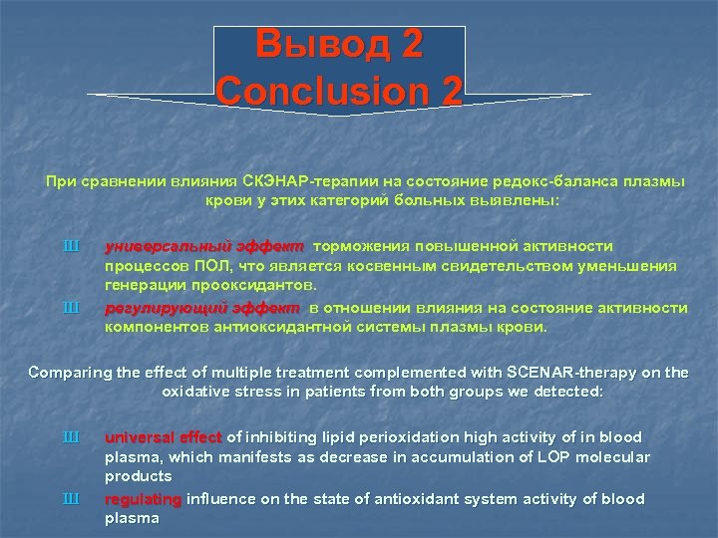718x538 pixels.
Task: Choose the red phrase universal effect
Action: pos(165,437)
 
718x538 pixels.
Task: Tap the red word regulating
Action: pos(144,499)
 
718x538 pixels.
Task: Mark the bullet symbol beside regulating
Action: pos(70,499)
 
